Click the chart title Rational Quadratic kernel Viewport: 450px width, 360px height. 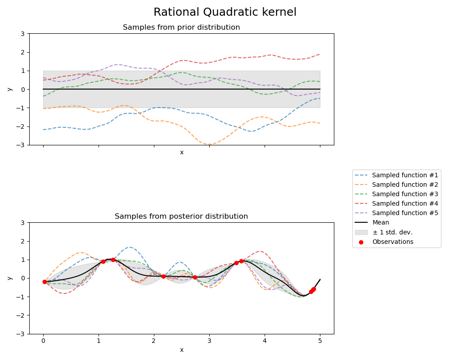(x=225, y=12)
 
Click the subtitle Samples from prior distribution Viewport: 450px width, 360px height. (x=181, y=27)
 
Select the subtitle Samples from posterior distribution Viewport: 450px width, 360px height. (x=181, y=216)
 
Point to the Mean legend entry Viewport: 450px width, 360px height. (x=381, y=222)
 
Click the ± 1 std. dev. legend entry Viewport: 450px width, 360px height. (x=392, y=232)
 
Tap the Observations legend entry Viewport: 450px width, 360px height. (x=392, y=242)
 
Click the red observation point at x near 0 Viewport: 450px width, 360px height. (x=45, y=282)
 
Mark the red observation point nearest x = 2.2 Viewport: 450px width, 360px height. (x=163, y=276)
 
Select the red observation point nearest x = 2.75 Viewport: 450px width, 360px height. (x=195, y=277)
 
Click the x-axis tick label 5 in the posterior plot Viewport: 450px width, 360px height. (x=320, y=341)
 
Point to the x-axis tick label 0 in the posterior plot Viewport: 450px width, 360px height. (x=43, y=341)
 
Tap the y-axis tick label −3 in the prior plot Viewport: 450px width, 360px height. (x=22, y=145)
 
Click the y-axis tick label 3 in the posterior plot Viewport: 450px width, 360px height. (x=23, y=222)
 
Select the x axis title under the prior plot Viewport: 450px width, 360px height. (x=181, y=153)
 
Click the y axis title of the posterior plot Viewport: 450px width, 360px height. (x=9, y=278)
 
